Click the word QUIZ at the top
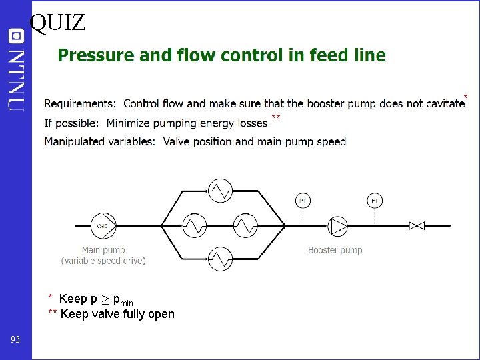[x=58, y=22]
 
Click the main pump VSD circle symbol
[x=103, y=226]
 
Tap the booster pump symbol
[x=337, y=226]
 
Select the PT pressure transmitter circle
[x=303, y=200]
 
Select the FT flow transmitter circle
[x=375, y=200]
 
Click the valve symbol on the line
[x=417, y=226]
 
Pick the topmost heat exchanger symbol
[x=220, y=191]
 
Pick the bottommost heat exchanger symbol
[x=220, y=258]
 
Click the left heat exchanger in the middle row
[x=195, y=226]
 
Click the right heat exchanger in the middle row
[x=245, y=226]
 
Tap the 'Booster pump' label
[x=335, y=251]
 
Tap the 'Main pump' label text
[x=103, y=251]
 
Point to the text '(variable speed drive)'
[x=103, y=261]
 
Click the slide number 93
[x=15, y=340]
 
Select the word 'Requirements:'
[x=80, y=104]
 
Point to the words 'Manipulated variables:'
[x=100, y=141]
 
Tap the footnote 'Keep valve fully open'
[x=117, y=314]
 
